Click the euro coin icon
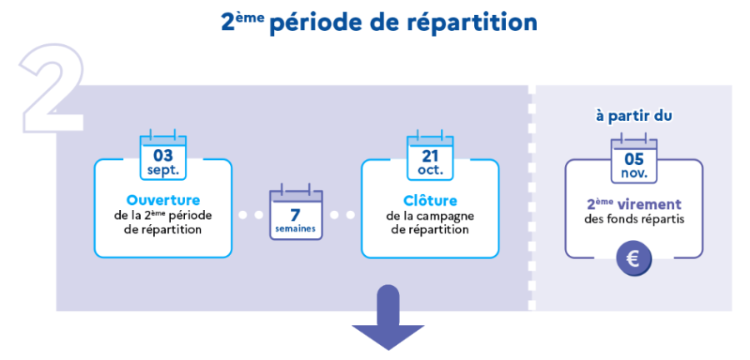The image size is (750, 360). pyautogui.click(x=634, y=259)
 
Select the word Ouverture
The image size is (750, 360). pyautogui.click(x=163, y=200)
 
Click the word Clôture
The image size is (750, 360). pyautogui.click(x=430, y=200)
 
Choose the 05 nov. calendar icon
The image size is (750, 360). pyautogui.click(x=634, y=158)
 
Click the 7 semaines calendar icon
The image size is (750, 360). pyautogui.click(x=296, y=216)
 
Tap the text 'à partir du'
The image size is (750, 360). pyautogui.click(x=634, y=116)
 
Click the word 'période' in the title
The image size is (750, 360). pyautogui.click(x=319, y=22)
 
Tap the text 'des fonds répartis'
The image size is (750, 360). pyautogui.click(x=634, y=220)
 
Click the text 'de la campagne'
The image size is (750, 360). pyautogui.click(x=430, y=216)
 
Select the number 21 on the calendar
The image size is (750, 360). pyautogui.click(x=430, y=155)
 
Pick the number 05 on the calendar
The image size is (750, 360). pyautogui.click(x=634, y=158)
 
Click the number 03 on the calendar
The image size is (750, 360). pyautogui.click(x=163, y=155)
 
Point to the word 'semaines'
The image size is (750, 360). pyautogui.click(x=296, y=230)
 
